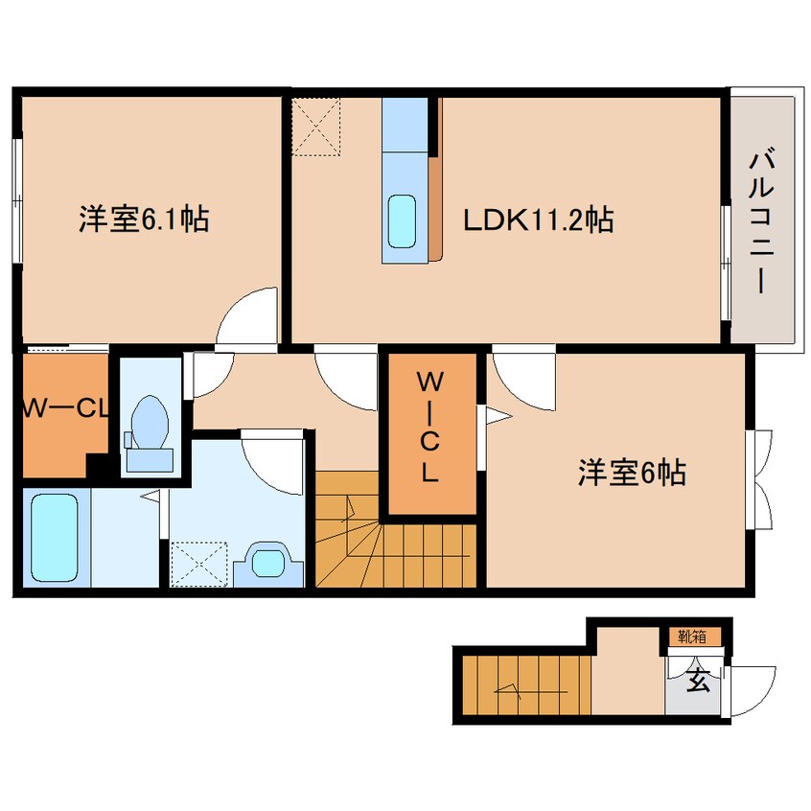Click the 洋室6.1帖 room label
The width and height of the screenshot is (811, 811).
(x=144, y=221)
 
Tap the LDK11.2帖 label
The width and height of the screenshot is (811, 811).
(x=538, y=221)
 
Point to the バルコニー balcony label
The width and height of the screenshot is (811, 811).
(x=763, y=220)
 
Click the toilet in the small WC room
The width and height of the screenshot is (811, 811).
(x=148, y=422)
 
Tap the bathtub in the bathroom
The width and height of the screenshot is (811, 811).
(x=54, y=538)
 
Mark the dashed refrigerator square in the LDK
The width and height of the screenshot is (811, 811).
(x=317, y=127)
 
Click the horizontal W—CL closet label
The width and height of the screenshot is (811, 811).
(x=63, y=409)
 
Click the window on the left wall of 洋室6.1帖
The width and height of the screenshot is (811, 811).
(x=16, y=200)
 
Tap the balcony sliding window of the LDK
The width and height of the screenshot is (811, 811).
(x=725, y=260)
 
